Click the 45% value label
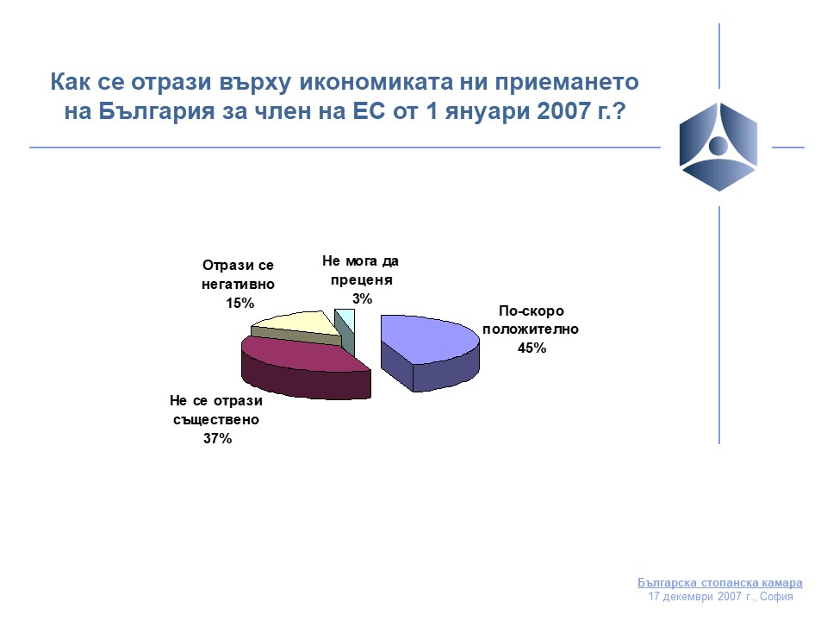coord(532,348)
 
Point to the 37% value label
coord(217,438)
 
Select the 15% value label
coord(240,303)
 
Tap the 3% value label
coord(363,299)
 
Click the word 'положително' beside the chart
coord(531,329)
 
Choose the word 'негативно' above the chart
coord(238,284)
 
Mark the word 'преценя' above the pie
coord(362,280)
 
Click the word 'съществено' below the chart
coord(216,420)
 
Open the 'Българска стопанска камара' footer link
coord(720,582)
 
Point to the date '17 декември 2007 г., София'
coord(720,597)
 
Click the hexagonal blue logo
coord(718,147)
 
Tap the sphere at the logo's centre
coord(718,145)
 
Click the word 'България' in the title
coord(156,111)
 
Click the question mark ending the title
coord(619,111)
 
